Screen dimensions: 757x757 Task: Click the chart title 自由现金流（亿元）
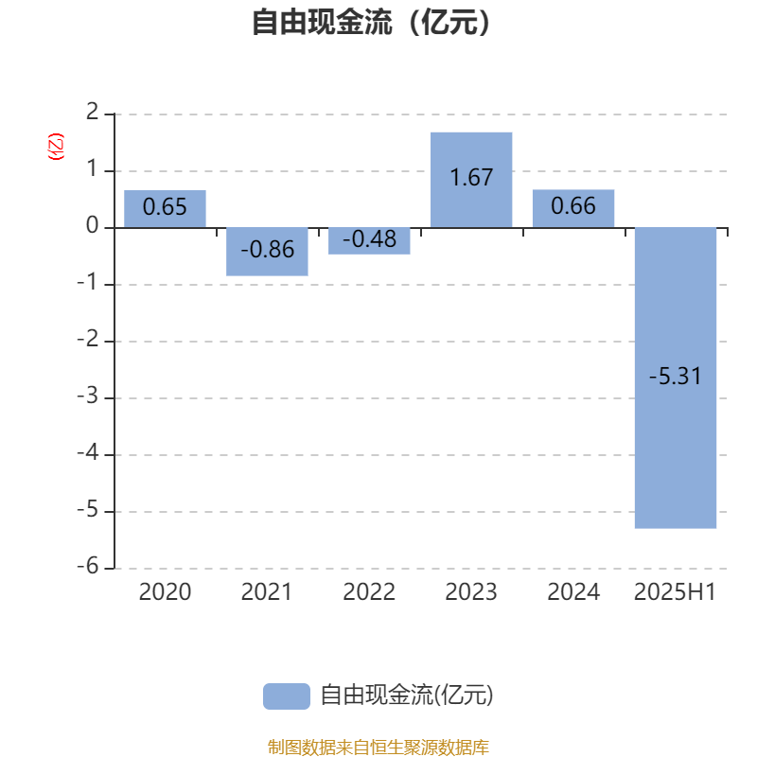(x=371, y=22)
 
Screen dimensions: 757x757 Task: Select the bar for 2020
(x=165, y=208)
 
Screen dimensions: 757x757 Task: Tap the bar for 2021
(x=267, y=252)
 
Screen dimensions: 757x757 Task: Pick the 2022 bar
(x=369, y=241)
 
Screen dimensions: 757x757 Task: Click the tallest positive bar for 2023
(x=471, y=180)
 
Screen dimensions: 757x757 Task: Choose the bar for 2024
(x=573, y=208)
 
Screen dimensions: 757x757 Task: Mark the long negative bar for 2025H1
(x=676, y=378)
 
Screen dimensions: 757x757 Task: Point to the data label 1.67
(x=471, y=177)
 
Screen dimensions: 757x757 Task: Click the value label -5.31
(x=676, y=376)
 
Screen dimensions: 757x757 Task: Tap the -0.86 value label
(x=268, y=250)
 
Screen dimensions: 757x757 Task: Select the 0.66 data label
(x=573, y=206)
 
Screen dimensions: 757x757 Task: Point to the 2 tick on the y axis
(x=92, y=112)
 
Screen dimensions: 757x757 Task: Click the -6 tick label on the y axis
(x=88, y=566)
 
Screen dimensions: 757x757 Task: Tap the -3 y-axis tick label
(x=88, y=396)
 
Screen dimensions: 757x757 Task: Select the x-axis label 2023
(x=471, y=592)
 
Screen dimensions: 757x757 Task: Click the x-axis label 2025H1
(x=675, y=592)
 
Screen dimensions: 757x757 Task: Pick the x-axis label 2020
(x=165, y=592)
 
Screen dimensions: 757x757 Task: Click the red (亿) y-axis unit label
(x=56, y=147)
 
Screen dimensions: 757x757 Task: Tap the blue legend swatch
(x=287, y=696)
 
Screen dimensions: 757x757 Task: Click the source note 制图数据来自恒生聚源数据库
(x=378, y=747)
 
